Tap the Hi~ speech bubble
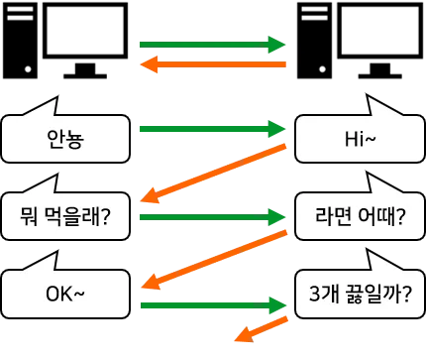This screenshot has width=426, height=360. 360,139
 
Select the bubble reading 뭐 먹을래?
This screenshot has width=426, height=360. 65,216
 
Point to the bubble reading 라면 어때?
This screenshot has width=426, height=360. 360,216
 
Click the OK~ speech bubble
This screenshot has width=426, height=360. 65,294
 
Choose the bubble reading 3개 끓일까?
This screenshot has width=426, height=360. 360,294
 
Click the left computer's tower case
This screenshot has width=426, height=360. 20,41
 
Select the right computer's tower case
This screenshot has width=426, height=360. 314,41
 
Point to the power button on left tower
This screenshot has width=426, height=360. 28,69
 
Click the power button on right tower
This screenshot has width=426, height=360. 323,69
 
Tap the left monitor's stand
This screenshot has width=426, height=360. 85,70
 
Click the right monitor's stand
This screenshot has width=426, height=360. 380,70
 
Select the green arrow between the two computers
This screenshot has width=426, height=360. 212,45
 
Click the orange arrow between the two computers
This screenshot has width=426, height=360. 213,64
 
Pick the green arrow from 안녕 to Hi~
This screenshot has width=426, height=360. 212,129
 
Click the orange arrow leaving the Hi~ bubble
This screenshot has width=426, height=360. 213,174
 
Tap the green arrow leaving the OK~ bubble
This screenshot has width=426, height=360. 213,305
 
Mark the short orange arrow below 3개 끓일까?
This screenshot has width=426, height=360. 261,329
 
